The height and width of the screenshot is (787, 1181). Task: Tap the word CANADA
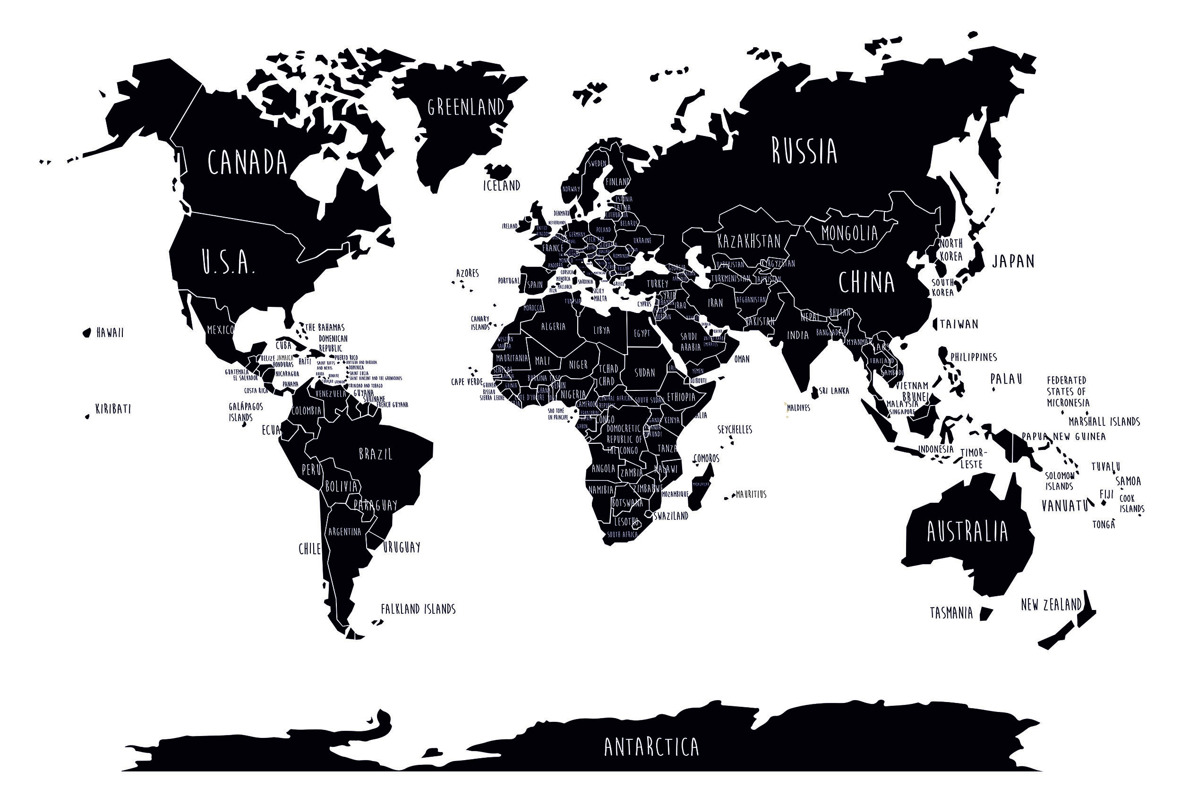click(x=248, y=161)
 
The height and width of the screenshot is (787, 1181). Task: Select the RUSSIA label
click(x=804, y=151)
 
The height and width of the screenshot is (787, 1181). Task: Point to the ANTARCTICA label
click(x=651, y=747)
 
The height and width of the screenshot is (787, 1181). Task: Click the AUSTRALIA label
click(x=967, y=532)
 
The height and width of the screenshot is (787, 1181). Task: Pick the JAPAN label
click(x=1013, y=261)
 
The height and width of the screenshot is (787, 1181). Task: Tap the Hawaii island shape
click(x=87, y=332)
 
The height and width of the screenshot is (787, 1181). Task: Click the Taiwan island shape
click(x=935, y=324)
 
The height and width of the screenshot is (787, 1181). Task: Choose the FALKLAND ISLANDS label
click(x=418, y=609)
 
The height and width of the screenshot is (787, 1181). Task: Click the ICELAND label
click(x=501, y=186)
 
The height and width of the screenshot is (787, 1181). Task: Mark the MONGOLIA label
click(x=849, y=233)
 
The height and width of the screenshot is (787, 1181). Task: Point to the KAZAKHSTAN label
click(x=749, y=241)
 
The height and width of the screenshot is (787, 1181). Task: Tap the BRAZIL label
click(x=376, y=454)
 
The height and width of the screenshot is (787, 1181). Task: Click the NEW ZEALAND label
click(x=1051, y=605)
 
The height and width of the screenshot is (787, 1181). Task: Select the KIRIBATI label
click(x=113, y=409)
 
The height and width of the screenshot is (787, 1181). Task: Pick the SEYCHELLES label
click(x=735, y=430)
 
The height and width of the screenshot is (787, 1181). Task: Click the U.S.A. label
click(x=229, y=262)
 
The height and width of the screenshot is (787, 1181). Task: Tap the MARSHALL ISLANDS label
click(x=1104, y=422)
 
